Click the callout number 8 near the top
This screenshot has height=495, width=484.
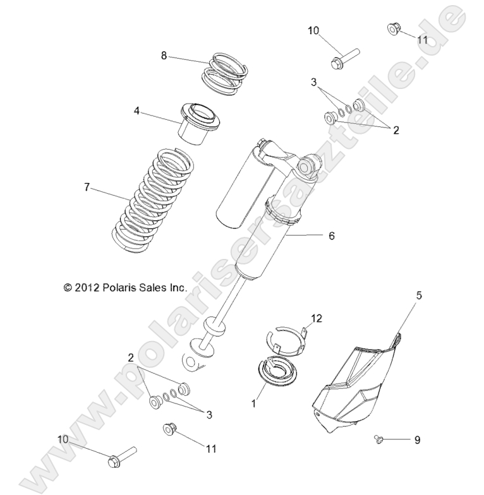click(164, 56)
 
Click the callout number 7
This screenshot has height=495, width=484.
click(88, 187)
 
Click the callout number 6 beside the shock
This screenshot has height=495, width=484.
click(330, 236)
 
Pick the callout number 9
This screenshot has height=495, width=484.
click(417, 439)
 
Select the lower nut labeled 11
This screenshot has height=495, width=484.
click(168, 429)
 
